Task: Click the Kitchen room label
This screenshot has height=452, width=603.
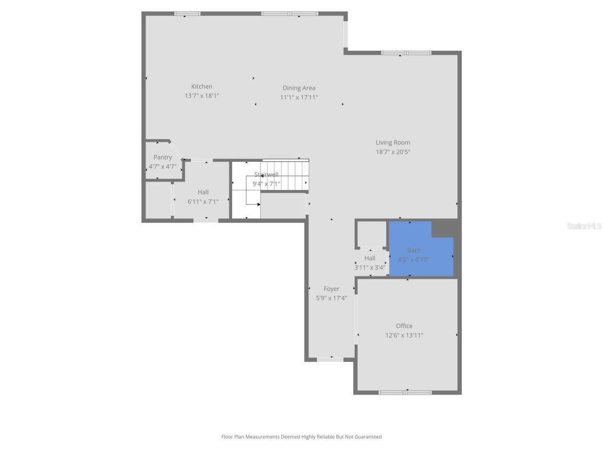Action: (x=202, y=87)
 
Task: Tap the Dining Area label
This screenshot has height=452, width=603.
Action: (x=299, y=88)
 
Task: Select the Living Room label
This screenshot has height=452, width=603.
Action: (x=393, y=143)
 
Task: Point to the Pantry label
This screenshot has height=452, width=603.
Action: (x=163, y=157)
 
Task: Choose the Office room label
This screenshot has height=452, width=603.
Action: (x=404, y=326)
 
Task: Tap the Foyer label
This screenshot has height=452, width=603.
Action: (x=331, y=289)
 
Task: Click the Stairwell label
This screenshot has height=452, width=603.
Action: (x=266, y=175)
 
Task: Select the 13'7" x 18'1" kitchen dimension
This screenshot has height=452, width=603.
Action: (x=202, y=96)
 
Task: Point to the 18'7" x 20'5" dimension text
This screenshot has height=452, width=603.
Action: (x=393, y=152)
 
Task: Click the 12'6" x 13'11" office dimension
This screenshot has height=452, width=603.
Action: (x=404, y=336)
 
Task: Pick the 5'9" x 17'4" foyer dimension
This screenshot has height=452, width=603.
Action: (x=331, y=298)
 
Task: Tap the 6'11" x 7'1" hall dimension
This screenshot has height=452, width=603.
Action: (x=203, y=202)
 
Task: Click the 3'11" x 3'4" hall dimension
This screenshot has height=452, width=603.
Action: (x=370, y=267)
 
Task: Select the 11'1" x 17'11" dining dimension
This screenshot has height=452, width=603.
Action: (x=299, y=97)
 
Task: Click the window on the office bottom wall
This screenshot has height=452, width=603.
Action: (x=405, y=392)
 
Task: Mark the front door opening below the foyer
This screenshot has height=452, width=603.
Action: (x=330, y=360)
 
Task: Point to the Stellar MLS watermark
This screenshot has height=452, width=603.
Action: (x=584, y=226)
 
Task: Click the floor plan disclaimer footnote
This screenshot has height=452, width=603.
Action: (x=301, y=437)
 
